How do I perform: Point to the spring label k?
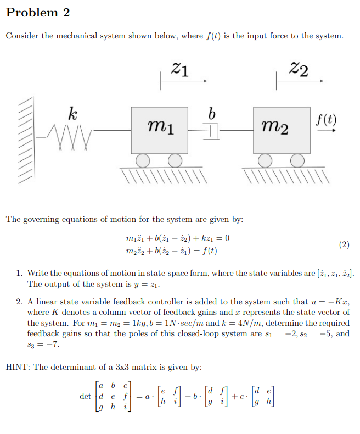coord(72,115)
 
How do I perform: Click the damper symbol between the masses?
coord(212,131)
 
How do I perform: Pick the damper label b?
coord(212,113)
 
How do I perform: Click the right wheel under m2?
coord(297,160)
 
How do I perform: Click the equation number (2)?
coord(343,244)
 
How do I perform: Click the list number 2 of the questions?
coord(18,302)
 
